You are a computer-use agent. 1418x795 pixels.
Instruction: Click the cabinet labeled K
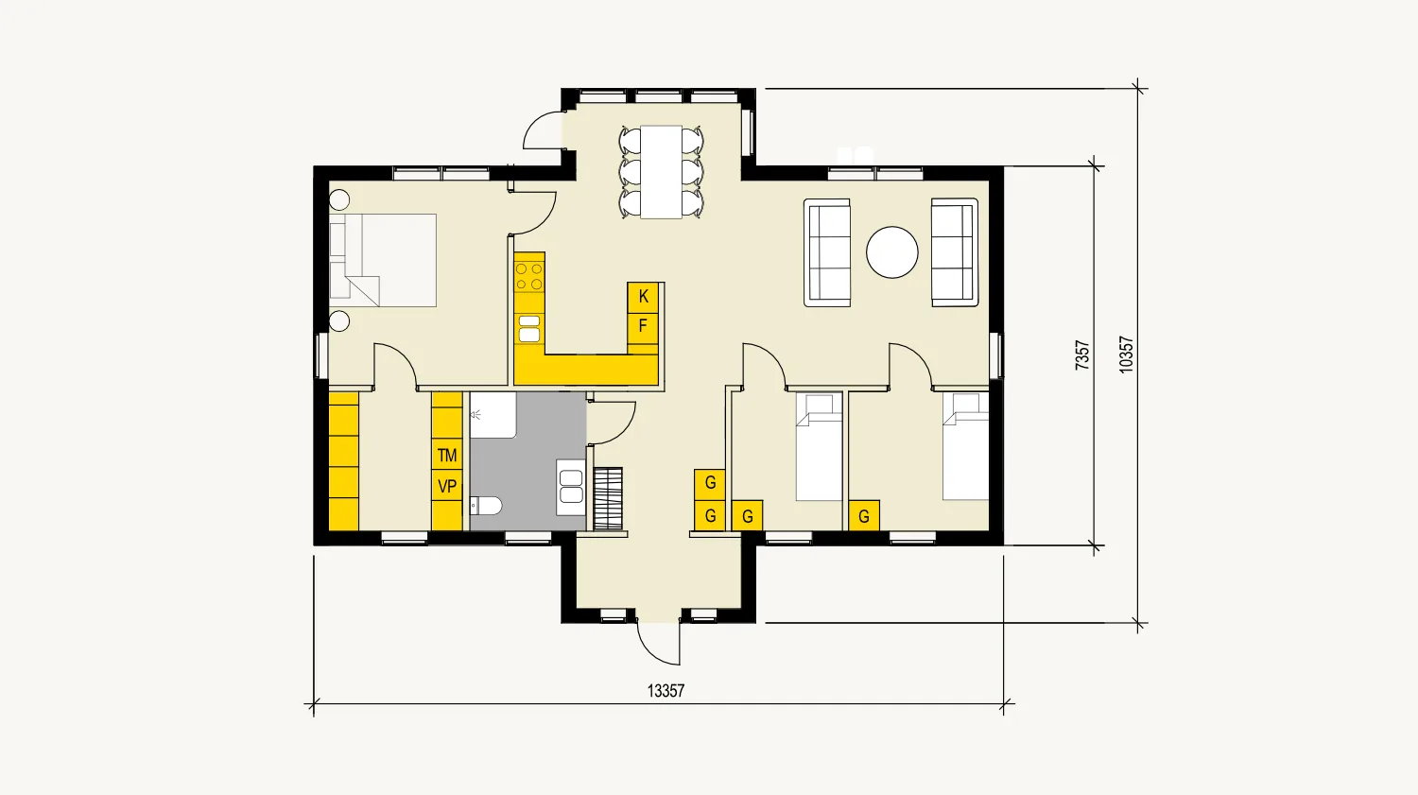643,297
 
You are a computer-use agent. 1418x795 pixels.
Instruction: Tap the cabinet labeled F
643,327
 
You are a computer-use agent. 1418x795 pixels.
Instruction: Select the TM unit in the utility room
447,455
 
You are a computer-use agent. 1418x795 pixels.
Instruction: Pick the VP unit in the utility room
447,487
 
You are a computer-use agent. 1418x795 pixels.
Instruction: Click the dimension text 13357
666,691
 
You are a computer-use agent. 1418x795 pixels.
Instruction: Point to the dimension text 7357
1082,354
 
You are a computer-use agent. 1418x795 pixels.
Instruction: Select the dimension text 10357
1126,354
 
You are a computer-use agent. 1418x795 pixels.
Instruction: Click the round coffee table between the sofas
891,252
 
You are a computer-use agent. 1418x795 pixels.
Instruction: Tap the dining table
661,172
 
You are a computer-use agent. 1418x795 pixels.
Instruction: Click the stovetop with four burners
529,276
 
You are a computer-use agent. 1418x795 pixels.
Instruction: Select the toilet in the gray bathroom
486,506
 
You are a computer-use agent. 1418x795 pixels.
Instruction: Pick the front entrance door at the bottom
659,643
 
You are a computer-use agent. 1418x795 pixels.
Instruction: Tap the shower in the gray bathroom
493,416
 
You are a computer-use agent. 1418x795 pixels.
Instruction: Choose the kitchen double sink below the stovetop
529,329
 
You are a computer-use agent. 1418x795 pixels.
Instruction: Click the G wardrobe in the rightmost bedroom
864,516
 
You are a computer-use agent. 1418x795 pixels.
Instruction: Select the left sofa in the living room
827,252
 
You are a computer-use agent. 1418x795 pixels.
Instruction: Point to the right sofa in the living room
954,252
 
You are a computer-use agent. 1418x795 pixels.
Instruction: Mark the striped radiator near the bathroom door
608,498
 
